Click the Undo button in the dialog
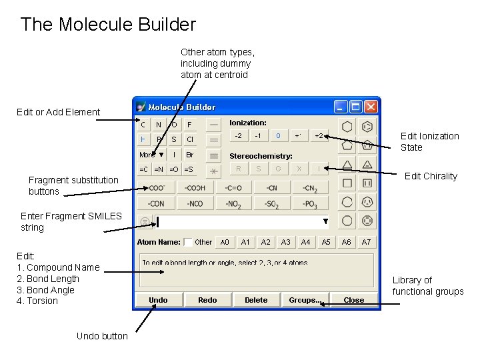click(x=158, y=300)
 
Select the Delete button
click(x=256, y=300)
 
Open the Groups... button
click(x=305, y=300)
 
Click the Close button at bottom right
click(x=353, y=300)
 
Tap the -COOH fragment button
click(x=195, y=188)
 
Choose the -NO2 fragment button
click(x=233, y=203)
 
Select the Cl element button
click(x=190, y=139)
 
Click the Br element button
click(x=190, y=154)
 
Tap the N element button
click(x=159, y=125)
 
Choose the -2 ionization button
click(x=238, y=136)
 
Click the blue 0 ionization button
click(x=278, y=136)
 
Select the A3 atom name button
click(x=285, y=242)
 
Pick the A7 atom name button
click(x=366, y=242)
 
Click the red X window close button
click(x=371, y=107)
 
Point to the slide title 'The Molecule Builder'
click(x=108, y=25)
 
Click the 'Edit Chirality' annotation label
click(x=431, y=176)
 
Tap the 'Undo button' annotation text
click(x=102, y=336)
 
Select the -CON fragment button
click(x=157, y=203)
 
